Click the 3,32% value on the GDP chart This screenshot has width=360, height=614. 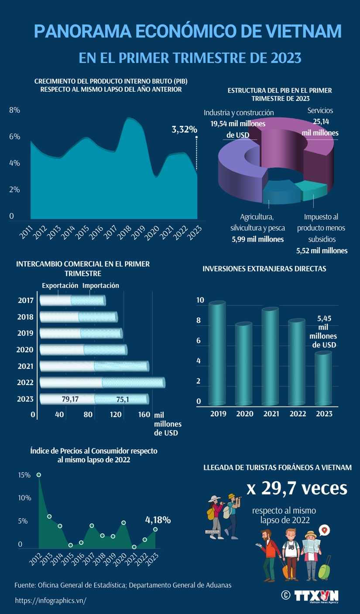point(184,129)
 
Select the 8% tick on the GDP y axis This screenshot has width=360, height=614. point(14,110)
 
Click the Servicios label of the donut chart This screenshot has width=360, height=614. point(320,110)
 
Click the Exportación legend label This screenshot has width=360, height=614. point(60,285)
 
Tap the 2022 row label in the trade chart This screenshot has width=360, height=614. point(25,383)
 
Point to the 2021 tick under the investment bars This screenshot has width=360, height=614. point(270,414)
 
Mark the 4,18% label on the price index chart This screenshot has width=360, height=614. point(158,520)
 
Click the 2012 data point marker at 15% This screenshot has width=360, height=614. point(39,475)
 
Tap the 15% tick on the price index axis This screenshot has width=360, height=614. point(24,475)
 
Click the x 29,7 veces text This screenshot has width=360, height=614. point(297,488)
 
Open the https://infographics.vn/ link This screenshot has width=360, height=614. point(51,600)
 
